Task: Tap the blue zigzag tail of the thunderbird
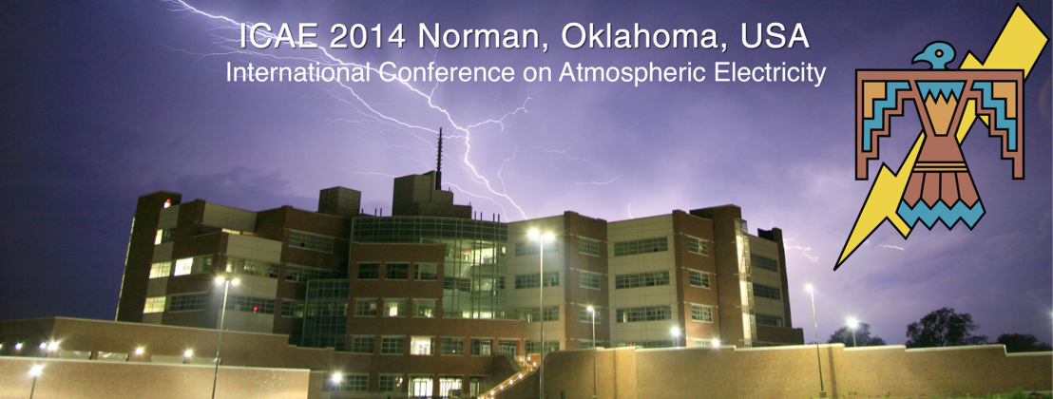pos(941,215)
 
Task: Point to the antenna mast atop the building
pos(439,159)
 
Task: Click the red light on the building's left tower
pos(166,203)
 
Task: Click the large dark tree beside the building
pos(944,327)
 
